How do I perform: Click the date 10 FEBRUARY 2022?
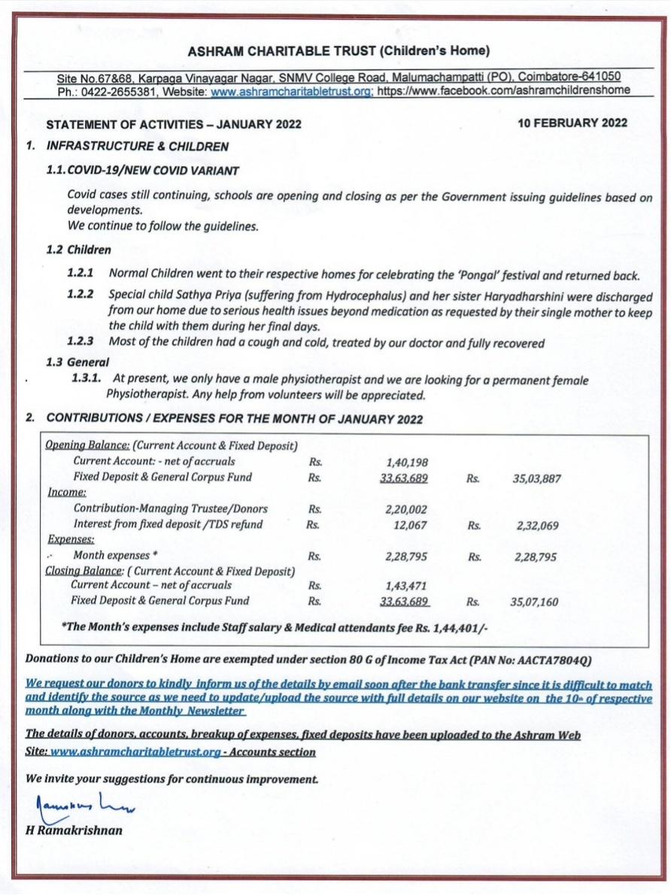572,123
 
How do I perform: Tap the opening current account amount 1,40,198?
406,462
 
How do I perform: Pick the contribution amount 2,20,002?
406,509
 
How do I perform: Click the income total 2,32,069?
537,526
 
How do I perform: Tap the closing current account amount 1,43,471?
406,585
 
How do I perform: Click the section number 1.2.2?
80,294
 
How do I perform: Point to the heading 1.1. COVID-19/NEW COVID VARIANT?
143,171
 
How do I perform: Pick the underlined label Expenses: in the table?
71,539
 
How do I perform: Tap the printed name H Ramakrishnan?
74,831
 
